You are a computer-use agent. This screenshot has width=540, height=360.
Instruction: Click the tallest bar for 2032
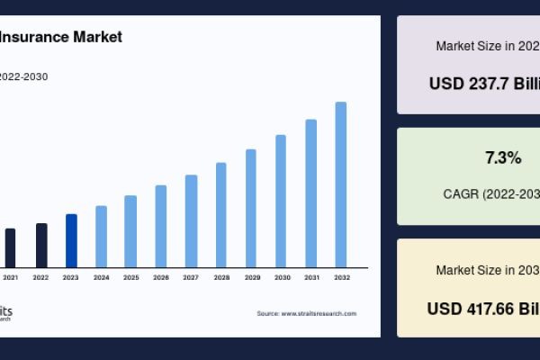click(x=341, y=184)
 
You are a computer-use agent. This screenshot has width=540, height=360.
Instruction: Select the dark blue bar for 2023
click(x=71, y=240)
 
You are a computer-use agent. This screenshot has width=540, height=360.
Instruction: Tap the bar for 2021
click(x=11, y=247)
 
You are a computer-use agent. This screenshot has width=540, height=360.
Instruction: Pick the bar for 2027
click(x=191, y=220)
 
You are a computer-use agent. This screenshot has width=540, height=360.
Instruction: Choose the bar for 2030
click(x=281, y=201)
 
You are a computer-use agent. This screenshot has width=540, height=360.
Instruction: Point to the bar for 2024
click(x=101, y=236)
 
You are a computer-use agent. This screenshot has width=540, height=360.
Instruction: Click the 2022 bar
click(x=41, y=245)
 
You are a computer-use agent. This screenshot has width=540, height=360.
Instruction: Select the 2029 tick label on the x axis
click(x=252, y=278)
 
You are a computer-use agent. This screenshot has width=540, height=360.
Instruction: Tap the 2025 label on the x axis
click(x=131, y=278)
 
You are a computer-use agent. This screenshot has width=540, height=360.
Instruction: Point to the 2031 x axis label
click(x=311, y=278)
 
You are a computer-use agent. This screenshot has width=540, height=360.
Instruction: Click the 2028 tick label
click(x=221, y=278)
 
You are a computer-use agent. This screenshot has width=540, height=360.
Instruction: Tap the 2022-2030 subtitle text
click(x=23, y=76)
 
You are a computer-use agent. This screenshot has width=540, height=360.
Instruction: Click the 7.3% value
click(x=503, y=158)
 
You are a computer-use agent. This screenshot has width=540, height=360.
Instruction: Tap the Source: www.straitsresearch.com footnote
click(x=306, y=313)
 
